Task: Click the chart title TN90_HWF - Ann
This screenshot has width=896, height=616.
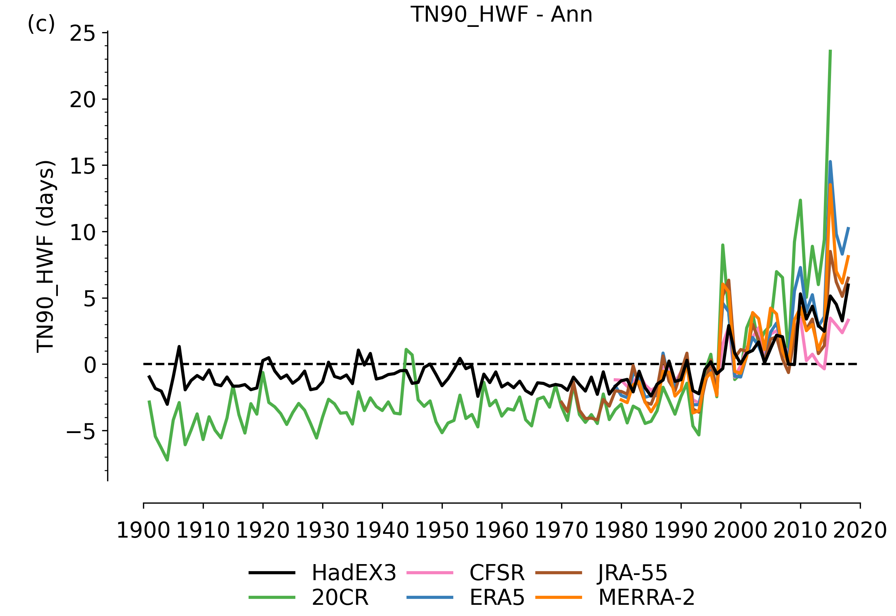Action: [x=501, y=15]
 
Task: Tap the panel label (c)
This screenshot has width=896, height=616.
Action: [x=41, y=24]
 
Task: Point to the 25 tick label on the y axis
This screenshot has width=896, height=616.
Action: [x=82, y=34]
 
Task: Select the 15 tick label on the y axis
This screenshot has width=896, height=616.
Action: [x=82, y=167]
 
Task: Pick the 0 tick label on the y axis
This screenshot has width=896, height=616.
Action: [x=90, y=365]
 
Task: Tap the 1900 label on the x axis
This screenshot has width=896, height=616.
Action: [x=143, y=531]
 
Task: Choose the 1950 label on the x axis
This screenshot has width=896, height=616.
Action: [x=441, y=531]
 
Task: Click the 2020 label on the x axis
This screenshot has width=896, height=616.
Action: [x=860, y=531]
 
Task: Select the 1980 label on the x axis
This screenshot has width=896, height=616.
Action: [x=621, y=531]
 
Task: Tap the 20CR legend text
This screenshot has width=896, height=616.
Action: [x=340, y=598]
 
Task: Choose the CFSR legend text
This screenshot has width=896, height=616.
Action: [x=497, y=573]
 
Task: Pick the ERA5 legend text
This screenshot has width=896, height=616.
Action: [x=497, y=598]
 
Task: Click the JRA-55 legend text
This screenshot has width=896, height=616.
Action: [x=632, y=573]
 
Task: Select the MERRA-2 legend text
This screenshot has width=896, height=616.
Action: [x=646, y=598]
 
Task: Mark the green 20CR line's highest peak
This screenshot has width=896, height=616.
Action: [x=830, y=50]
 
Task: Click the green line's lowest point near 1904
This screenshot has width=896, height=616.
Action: [x=167, y=460]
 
